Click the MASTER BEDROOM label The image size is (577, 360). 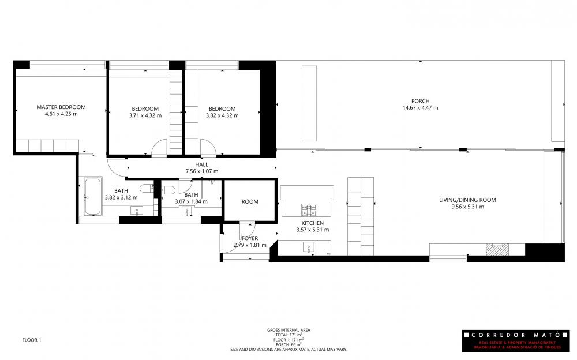pyautogui.click(x=61, y=107)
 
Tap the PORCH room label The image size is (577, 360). pyautogui.click(x=420, y=101)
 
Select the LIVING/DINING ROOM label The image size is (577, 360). pyautogui.click(x=467, y=200)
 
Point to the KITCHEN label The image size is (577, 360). pyautogui.click(x=312, y=223)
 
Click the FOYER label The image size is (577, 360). pyautogui.click(x=250, y=238)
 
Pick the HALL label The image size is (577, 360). pyautogui.click(x=201, y=164)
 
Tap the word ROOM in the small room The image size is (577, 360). pyautogui.click(x=250, y=202)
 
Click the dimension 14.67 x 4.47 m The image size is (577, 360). pyautogui.click(x=420, y=108)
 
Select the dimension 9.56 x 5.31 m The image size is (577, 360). pyautogui.click(x=468, y=207)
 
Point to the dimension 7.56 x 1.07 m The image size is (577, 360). pyautogui.click(x=201, y=171)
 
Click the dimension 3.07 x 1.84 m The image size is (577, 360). pyautogui.click(x=191, y=201)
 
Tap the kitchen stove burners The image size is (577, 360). pyautogui.click(x=309, y=210)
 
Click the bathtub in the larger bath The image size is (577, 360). pyautogui.click(x=93, y=197)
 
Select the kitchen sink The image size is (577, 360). pyautogui.click(x=309, y=247)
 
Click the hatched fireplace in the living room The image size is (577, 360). pyautogui.click(x=497, y=249)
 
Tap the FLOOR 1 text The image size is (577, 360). pyautogui.click(x=32, y=340)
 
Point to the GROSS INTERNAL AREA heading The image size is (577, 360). pyautogui.click(x=288, y=330)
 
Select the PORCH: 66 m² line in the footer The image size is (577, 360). pyautogui.click(x=288, y=344)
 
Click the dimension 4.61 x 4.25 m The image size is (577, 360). pyautogui.click(x=61, y=114)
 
